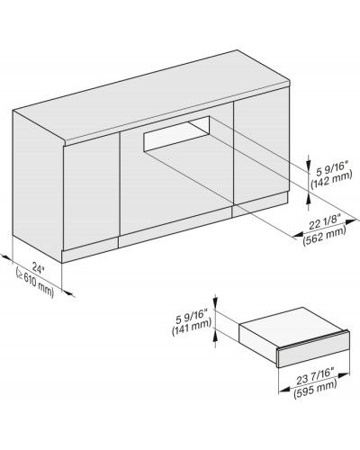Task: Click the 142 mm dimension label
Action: click(x=331, y=181)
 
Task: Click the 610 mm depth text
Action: click(x=35, y=283)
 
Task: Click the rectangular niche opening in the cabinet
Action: click(x=176, y=133)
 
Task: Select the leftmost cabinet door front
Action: click(x=92, y=192)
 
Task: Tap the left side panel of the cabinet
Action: click(x=38, y=186)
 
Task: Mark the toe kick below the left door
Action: click(x=90, y=251)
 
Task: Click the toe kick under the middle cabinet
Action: click(x=175, y=227)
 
